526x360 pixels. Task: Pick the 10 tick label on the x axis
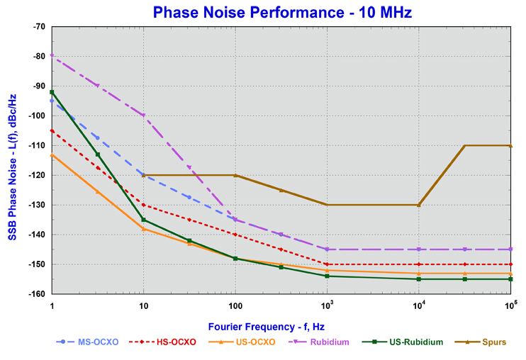click(144, 303)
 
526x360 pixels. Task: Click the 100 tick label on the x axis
click(235, 303)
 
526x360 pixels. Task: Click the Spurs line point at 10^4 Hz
click(419, 205)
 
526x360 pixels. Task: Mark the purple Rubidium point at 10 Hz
click(144, 116)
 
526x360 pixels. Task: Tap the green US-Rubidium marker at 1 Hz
click(52, 92)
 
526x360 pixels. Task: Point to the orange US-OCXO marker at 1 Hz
click(52, 154)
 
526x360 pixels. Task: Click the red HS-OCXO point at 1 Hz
click(52, 130)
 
